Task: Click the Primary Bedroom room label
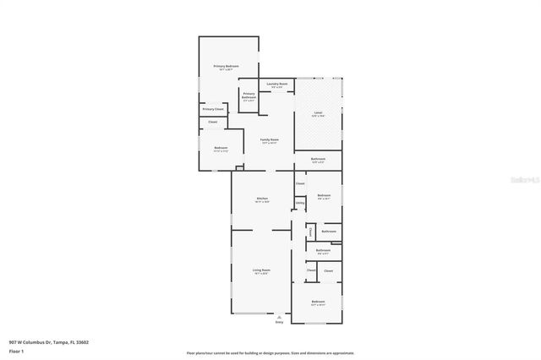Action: point(226,66)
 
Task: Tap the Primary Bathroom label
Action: point(249,95)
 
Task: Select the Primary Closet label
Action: point(213,110)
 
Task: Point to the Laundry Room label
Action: point(277,84)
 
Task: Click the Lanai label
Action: point(318,112)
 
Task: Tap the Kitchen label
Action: point(262,199)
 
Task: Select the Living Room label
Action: point(261,270)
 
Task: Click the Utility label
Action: point(300,203)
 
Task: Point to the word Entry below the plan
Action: point(279,322)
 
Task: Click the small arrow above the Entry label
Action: point(279,315)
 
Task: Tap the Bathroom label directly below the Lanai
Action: point(318,159)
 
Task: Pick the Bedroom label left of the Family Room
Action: point(221,148)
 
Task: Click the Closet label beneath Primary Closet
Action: point(213,123)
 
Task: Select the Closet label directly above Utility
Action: point(300,183)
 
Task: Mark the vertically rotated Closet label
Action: point(310,232)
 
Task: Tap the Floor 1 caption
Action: point(16,351)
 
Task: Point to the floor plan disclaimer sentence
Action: point(270,352)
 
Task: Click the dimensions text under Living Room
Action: point(261,274)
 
